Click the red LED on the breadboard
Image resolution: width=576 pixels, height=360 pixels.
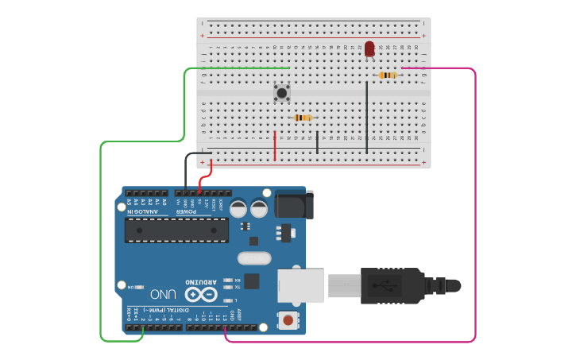369,48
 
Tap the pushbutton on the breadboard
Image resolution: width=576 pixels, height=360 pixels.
281,94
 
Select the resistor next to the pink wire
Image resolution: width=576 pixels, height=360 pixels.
388,75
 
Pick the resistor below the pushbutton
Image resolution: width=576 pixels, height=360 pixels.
303,118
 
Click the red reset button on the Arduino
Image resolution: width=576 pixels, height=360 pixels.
288,321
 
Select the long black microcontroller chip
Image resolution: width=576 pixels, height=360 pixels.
176,230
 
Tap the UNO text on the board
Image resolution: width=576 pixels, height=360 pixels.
164,293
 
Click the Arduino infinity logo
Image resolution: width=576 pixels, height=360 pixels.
201,292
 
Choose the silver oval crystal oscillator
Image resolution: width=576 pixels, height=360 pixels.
254,257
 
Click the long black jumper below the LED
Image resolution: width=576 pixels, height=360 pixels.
367,115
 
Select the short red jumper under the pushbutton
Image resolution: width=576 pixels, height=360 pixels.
275,145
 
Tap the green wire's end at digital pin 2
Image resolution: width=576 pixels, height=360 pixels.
142,328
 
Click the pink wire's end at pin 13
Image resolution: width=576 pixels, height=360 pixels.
226,328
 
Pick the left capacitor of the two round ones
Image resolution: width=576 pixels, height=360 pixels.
238,209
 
